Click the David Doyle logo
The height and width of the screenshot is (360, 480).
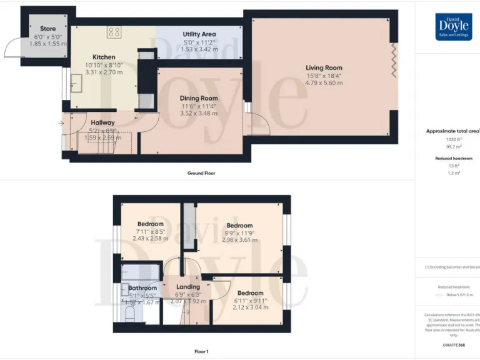(x=454, y=27)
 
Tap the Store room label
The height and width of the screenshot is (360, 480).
(x=48, y=29)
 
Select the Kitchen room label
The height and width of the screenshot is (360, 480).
(x=104, y=57)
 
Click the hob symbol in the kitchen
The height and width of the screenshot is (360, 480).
(x=114, y=32)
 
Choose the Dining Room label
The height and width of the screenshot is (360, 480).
(x=199, y=98)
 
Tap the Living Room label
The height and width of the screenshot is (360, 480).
(x=324, y=67)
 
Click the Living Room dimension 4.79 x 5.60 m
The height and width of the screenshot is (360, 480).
(x=324, y=83)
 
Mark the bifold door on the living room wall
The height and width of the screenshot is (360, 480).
(x=393, y=61)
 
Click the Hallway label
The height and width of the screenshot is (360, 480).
(x=102, y=122)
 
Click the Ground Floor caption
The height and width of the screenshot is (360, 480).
(x=201, y=173)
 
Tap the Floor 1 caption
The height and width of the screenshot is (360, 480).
(x=201, y=352)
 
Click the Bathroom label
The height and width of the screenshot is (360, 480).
(x=142, y=288)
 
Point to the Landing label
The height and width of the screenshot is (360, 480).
(x=188, y=287)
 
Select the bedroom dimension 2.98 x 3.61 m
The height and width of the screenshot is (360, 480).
(x=239, y=240)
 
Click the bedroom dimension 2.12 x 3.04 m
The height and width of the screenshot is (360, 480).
(x=250, y=307)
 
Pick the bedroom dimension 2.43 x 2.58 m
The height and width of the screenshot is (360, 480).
(x=151, y=238)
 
